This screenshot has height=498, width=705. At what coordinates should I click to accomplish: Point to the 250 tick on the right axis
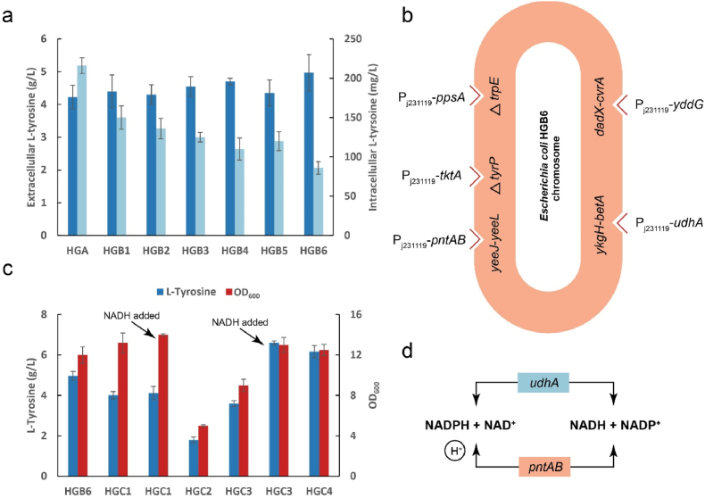(x=341, y=39)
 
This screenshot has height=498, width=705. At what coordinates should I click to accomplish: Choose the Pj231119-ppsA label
(x=433, y=95)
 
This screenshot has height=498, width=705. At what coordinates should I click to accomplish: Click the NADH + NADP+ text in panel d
(x=611, y=419)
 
